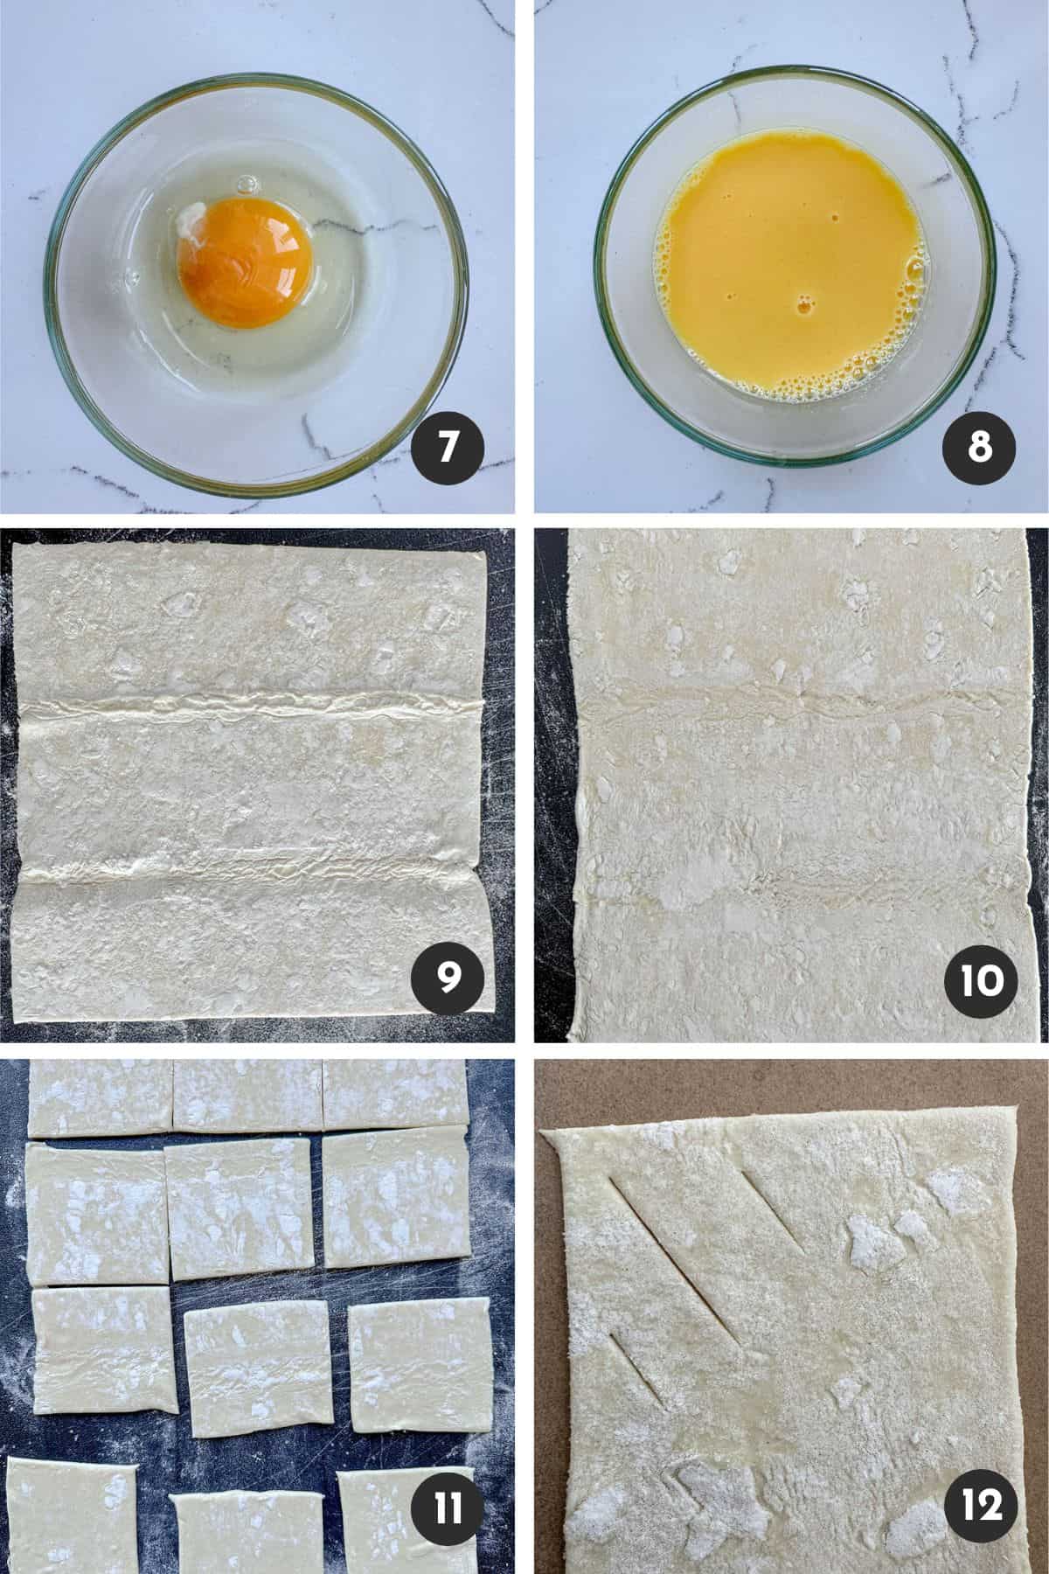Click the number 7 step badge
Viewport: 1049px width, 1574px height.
[448, 447]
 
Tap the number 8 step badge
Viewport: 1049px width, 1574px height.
[979, 447]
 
